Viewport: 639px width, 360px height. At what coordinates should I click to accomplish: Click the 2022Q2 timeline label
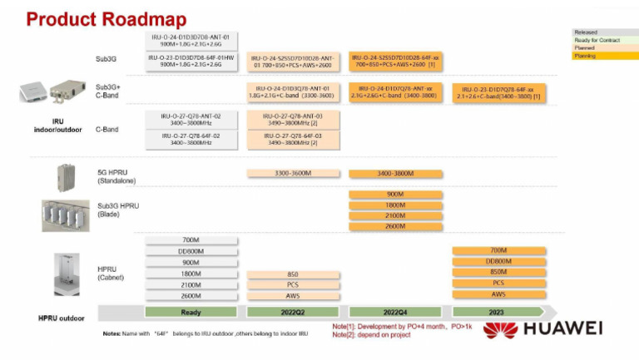[x=293, y=312]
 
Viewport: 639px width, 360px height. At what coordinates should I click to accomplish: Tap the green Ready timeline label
[x=191, y=312]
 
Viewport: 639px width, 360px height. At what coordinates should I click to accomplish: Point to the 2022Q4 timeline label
[x=395, y=312]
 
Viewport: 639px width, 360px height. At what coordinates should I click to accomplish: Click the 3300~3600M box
[x=293, y=173]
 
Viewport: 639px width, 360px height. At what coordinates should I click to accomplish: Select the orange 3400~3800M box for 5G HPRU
[x=395, y=174]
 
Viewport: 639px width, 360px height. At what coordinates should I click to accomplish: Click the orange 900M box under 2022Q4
[x=395, y=194]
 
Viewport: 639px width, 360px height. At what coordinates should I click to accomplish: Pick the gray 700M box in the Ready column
[x=191, y=240]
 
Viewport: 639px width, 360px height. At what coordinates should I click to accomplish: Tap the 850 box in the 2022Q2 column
[x=293, y=274]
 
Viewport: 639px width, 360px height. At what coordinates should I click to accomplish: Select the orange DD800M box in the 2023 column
[x=498, y=261]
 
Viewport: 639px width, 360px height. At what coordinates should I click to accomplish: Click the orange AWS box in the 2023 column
[x=498, y=294]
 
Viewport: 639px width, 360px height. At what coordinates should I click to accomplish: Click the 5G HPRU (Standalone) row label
[x=117, y=175]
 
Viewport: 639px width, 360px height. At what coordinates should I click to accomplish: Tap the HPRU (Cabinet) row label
[x=111, y=273]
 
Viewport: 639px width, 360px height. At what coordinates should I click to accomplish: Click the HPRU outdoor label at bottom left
[x=62, y=318]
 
